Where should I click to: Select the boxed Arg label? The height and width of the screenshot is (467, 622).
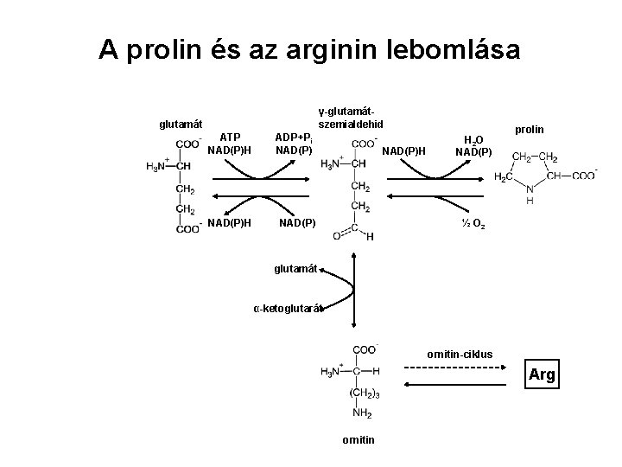point(542,375)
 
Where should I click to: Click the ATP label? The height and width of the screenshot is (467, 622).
point(230,137)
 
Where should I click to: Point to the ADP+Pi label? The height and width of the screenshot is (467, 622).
point(299,138)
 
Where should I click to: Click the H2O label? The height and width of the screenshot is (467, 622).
point(473,139)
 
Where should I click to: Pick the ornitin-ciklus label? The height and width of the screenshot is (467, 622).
point(460,354)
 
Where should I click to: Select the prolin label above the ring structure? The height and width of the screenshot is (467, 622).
point(529,129)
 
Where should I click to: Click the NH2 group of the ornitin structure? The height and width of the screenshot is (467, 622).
point(363,413)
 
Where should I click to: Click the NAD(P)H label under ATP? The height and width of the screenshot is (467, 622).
point(230,150)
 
